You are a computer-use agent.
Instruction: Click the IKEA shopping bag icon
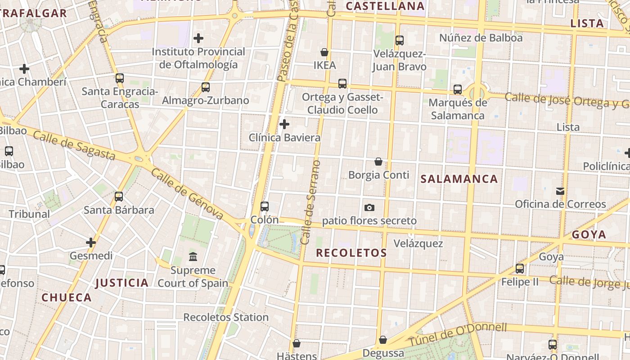324,52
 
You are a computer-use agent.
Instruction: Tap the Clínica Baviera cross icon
284,124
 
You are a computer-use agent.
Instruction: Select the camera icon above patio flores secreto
369,207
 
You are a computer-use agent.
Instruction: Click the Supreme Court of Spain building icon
193,256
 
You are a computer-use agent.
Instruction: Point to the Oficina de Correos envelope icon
560,191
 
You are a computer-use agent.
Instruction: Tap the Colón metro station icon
265,207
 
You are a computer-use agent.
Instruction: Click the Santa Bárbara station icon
119,197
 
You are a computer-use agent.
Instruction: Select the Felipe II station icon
520,269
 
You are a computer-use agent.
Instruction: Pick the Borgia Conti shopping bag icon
378,162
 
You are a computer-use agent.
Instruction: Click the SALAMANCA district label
459,179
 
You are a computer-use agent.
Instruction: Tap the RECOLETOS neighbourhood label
351,253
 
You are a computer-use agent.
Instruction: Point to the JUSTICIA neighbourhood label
122,283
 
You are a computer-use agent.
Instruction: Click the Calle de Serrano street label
311,202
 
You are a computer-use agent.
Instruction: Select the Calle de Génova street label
187,194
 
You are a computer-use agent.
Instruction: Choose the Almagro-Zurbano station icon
206,87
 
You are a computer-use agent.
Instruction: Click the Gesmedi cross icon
91,243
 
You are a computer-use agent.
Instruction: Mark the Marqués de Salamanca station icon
458,90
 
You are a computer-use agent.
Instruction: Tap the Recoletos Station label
226,317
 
